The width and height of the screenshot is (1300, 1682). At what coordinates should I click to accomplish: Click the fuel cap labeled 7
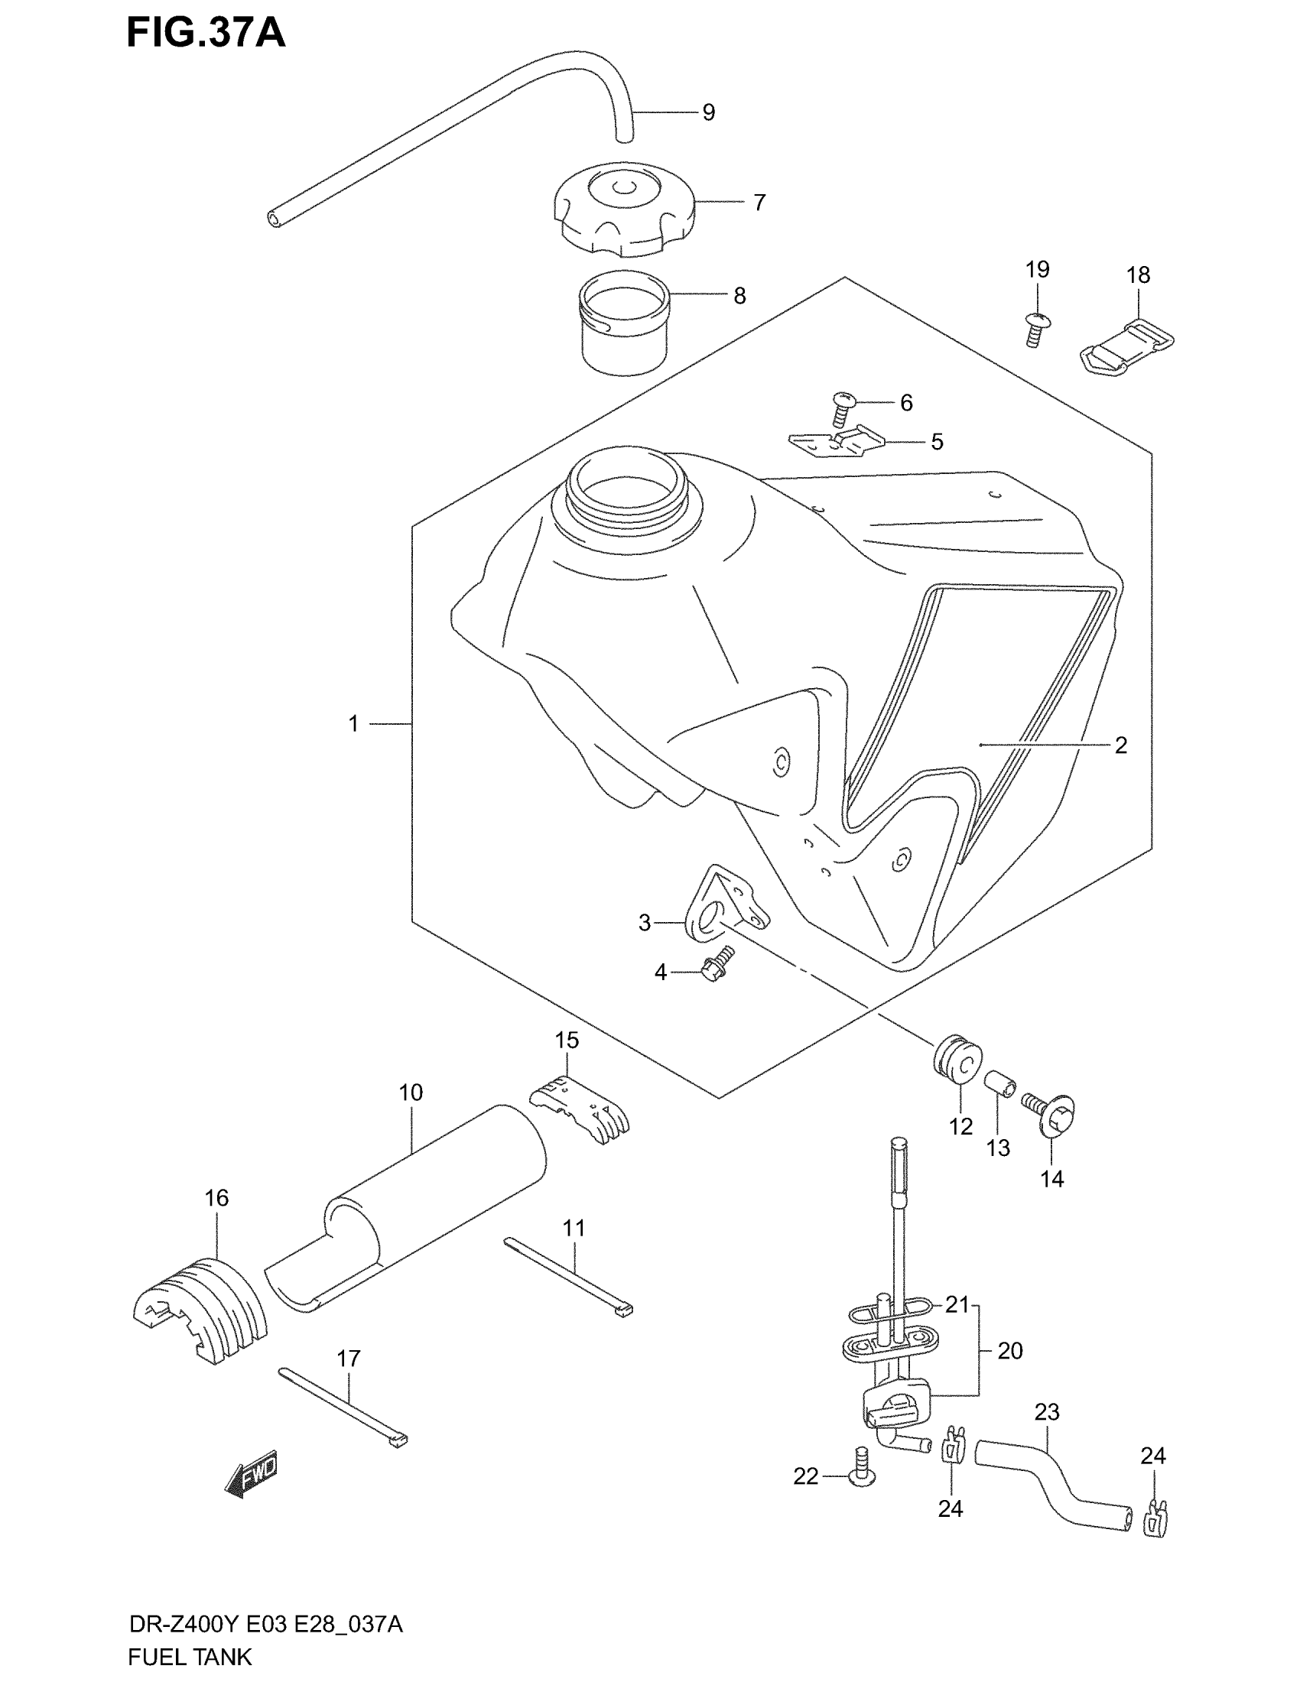click(x=623, y=209)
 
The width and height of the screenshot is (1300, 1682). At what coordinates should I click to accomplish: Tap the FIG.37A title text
click(x=206, y=34)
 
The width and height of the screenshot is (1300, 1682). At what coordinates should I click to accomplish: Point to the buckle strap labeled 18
click(x=1124, y=346)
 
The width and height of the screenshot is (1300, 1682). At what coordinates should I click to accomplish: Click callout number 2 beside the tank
click(x=1120, y=745)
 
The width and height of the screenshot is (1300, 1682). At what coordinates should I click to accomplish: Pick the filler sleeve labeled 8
click(x=624, y=323)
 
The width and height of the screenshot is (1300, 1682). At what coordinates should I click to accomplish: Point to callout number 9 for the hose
click(x=709, y=112)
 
